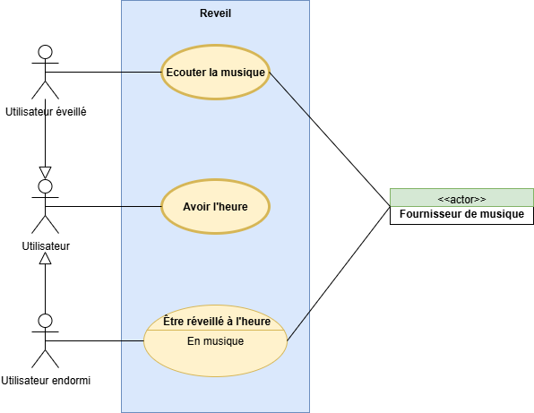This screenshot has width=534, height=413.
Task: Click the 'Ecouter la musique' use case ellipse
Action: [215, 73]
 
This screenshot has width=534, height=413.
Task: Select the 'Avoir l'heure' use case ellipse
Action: [215, 207]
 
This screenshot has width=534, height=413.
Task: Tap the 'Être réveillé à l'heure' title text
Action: [217, 321]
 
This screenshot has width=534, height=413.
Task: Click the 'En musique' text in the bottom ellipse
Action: [216, 340]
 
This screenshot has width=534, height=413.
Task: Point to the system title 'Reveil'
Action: [215, 13]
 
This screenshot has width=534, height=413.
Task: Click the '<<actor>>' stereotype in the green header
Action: [461, 199]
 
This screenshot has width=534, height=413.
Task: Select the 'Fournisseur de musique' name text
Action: [461, 214]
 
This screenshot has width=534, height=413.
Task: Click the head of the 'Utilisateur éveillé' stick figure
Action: [46, 52]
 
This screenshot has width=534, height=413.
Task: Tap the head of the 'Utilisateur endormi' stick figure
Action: [46, 321]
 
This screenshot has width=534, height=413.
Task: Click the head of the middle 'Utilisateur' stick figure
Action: [46, 186]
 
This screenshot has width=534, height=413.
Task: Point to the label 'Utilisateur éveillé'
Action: [46, 112]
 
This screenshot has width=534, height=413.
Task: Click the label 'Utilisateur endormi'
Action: [46, 381]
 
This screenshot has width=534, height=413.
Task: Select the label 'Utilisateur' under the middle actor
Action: [46, 245]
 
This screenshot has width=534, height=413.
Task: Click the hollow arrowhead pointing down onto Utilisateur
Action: [46, 173]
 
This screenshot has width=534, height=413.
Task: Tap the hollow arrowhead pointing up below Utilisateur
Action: [46, 258]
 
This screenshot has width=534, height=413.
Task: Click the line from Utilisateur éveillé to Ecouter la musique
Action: [103, 73]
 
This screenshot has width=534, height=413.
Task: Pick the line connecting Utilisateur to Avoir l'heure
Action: [103, 206]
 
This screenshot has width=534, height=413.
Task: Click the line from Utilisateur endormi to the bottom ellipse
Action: [95, 340]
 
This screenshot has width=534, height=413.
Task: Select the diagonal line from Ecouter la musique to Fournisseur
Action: [330, 139]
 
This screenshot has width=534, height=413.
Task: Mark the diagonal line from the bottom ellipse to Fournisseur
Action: [339, 273]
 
